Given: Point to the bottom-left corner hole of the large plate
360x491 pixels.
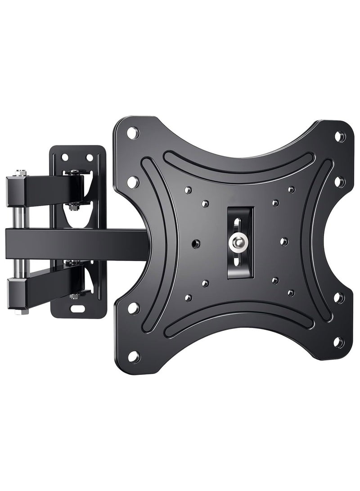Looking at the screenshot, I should point(133,356).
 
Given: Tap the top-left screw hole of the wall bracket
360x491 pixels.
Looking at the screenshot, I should point(65,157).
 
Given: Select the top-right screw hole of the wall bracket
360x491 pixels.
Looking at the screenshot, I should point(90,157).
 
